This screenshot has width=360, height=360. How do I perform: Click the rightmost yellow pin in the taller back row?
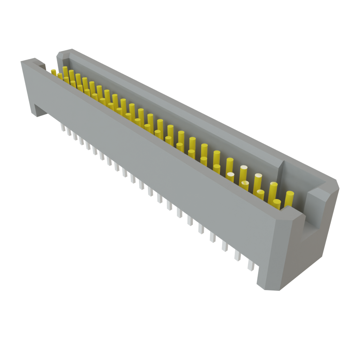(289, 198)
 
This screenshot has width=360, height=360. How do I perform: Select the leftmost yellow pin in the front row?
(53, 72)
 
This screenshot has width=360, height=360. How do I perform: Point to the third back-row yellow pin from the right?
(258, 180)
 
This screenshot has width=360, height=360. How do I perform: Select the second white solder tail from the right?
(237, 256)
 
